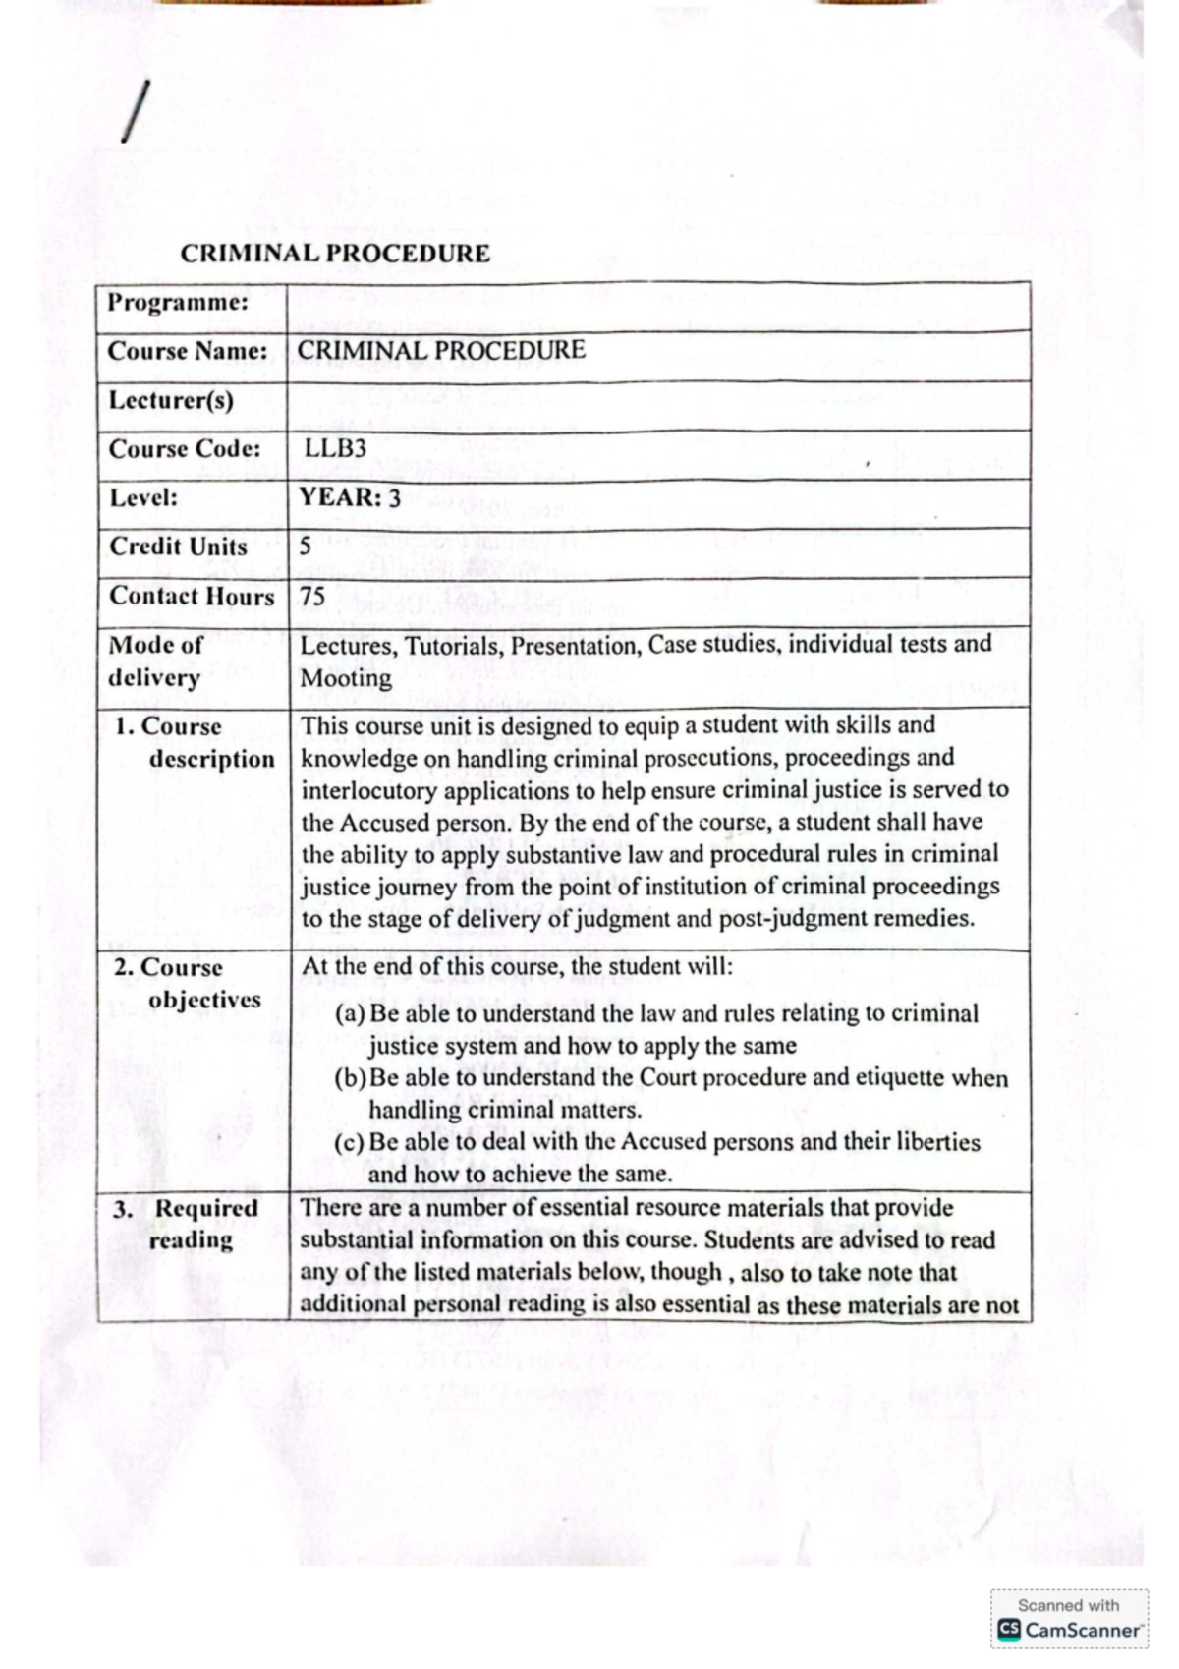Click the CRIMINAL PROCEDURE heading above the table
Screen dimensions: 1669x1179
coord(335,254)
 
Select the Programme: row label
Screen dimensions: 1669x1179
coord(178,302)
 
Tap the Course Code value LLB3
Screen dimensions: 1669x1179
coord(335,448)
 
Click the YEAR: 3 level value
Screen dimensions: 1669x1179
coord(350,497)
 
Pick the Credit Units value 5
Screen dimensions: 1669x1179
coord(306,547)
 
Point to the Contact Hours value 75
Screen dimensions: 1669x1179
coord(312,596)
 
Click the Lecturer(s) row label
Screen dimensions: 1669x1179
coord(171,400)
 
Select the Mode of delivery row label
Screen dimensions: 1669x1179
coord(155,661)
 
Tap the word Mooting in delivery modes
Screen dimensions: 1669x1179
coord(346,678)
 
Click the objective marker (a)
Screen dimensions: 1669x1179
coord(351,1013)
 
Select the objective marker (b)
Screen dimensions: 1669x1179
coord(351,1078)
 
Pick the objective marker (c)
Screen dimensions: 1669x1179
coord(351,1142)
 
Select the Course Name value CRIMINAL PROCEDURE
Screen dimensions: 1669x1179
coord(441,351)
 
